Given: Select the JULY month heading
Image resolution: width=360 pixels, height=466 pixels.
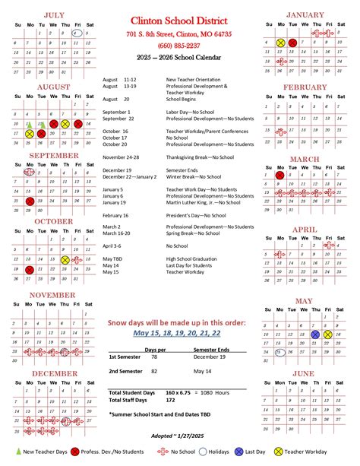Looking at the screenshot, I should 53,14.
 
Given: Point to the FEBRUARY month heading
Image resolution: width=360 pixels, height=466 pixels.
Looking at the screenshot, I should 305,87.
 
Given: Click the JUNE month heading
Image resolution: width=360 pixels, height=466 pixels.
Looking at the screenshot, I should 303,372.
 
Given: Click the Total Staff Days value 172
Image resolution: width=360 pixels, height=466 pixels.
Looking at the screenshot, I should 171,398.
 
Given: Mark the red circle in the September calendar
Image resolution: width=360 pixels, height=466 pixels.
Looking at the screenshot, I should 30,201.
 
